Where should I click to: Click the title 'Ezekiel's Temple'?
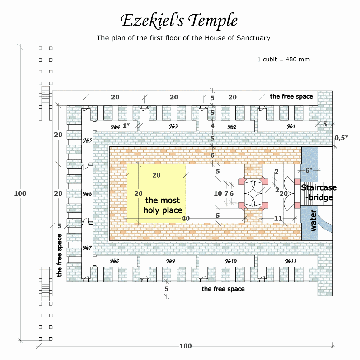tap(179, 21)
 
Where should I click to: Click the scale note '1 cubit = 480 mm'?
tap(283, 59)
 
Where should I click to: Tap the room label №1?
tap(291, 126)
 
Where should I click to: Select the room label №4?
tap(115, 127)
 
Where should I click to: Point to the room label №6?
tap(87, 194)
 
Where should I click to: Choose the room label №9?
tap(170, 261)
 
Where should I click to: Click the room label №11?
tap(290, 261)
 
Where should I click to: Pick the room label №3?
tap(173, 126)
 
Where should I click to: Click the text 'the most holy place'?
tap(163, 205)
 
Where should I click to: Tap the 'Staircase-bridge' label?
tap(319, 192)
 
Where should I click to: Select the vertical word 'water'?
tap(313, 220)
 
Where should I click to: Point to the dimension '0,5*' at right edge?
tap(341, 138)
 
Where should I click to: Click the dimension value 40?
tap(186, 218)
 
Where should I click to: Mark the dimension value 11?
tap(278, 219)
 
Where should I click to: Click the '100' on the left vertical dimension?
tap(20, 193)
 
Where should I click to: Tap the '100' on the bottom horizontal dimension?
tap(186, 346)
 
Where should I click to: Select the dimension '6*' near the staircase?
tap(309, 170)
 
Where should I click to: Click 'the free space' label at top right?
tap(291, 97)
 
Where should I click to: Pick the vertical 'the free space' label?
tap(59, 255)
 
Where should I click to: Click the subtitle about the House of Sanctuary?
tap(183, 38)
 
